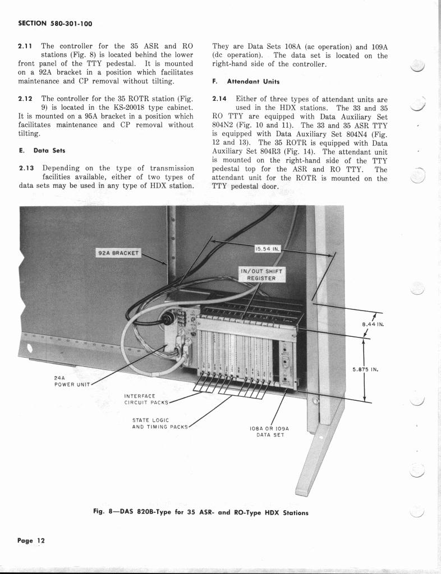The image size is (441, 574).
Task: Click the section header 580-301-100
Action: click(56, 24)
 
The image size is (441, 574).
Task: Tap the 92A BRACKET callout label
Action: click(118, 253)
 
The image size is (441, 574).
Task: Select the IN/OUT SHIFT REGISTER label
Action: click(263, 274)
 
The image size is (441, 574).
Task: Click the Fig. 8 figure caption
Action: click(200, 512)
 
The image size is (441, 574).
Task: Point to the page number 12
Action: click(30, 540)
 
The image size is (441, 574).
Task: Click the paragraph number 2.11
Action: click(26, 46)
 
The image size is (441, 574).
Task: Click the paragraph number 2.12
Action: click(26, 98)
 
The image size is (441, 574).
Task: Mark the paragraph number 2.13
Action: click(26, 168)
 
